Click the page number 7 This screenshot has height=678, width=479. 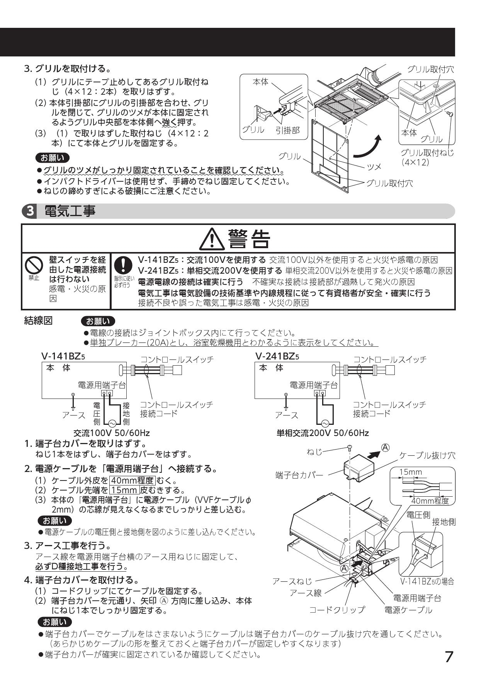coord(448,657)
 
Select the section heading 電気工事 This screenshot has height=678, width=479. coord(70,211)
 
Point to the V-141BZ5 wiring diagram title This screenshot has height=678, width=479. coord(63,356)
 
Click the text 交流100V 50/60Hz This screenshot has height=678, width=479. coord(112,433)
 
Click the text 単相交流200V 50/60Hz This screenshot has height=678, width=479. coord(323,433)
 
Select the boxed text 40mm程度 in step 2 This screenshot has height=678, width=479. coord(132,481)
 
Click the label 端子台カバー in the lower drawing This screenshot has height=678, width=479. coord(299,475)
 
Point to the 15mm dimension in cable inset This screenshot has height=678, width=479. coord(410,472)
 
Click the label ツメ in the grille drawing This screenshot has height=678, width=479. coord(374,166)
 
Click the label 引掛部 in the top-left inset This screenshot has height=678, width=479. coord(287,130)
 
